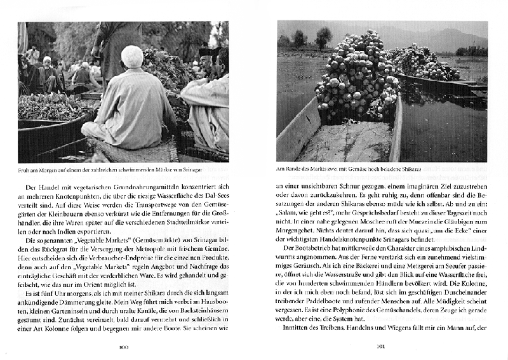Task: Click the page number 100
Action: pyautogui.click(x=124, y=347)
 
